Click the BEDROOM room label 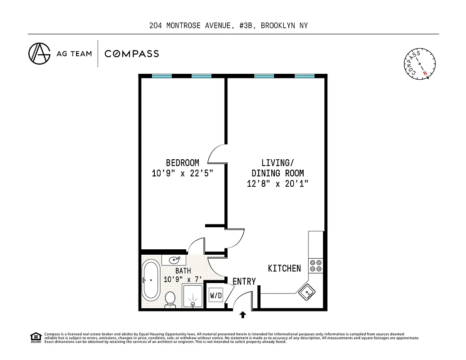[182, 163]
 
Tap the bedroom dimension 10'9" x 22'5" [182, 173]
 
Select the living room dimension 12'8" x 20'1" [277, 184]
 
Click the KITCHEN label [284, 269]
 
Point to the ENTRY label [244, 282]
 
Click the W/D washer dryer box [216, 296]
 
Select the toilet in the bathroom [170, 299]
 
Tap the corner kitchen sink [308, 292]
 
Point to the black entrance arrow [243, 315]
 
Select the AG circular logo [39, 54]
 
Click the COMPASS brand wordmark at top [131, 54]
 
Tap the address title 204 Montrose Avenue [229, 26]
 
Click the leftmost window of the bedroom [161, 76]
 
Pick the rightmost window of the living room [305, 76]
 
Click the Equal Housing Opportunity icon [35, 337]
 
